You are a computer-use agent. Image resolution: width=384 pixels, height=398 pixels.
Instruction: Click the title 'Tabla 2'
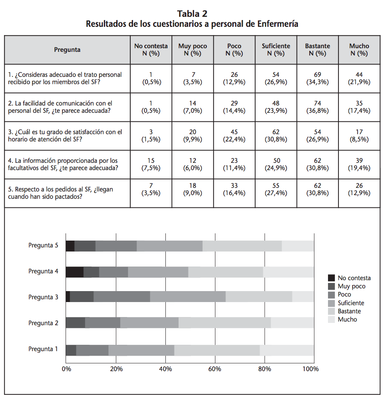click(x=192, y=14)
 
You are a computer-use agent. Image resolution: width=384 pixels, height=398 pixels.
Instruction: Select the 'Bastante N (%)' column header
click(x=317, y=50)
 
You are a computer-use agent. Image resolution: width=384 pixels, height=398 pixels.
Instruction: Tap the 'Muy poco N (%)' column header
click(x=192, y=50)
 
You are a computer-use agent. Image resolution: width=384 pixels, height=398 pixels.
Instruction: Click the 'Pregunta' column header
click(x=67, y=50)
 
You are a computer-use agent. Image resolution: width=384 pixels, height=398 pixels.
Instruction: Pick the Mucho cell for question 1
click(x=359, y=78)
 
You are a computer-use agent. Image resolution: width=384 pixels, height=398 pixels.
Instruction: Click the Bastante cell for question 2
click(x=317, y=107)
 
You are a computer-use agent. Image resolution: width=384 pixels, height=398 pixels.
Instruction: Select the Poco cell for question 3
click(x=234, y=136)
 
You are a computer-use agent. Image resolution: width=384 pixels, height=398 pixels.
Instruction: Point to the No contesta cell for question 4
click(x=151, y=164)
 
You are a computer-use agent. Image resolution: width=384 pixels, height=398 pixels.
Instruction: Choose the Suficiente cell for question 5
click(x=276, y=193)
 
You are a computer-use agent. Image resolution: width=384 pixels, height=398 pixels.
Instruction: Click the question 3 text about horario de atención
click(x=65, y=136)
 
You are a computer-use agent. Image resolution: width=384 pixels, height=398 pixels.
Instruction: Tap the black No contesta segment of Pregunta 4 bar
click(x=75, y=272)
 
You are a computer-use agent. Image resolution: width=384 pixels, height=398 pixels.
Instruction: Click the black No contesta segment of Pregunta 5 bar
click(x=70, y=246)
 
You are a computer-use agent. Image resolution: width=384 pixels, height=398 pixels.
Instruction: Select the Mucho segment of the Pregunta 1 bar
click(x=287, y=350)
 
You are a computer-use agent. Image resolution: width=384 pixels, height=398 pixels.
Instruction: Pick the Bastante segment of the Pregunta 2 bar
click(x=225, y=323)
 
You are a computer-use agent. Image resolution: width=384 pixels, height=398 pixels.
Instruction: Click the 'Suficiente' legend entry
click(x=351, y=303)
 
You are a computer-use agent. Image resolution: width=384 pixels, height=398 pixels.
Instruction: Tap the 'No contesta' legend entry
click(x=354, y=278)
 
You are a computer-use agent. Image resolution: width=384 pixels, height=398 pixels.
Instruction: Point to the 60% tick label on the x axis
click(x=215, y=369)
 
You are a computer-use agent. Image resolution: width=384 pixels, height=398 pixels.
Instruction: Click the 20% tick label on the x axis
click(x=116, y=369)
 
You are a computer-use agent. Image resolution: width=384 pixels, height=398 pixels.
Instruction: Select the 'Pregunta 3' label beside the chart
click(x=43, y=297)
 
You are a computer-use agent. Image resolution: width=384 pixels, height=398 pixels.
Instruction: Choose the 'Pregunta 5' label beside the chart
click(x=43, y=245)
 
